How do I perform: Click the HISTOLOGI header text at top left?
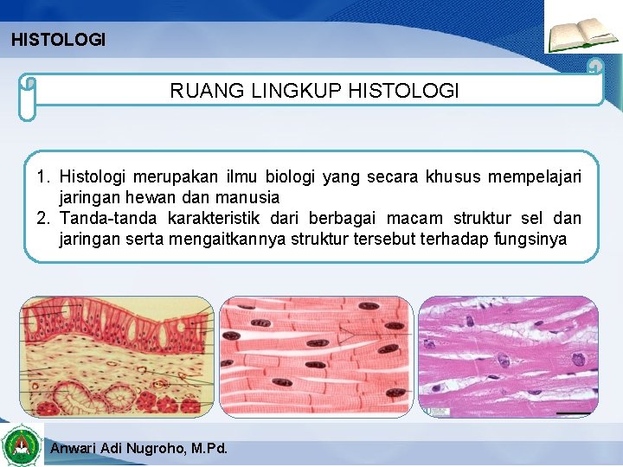click(58, 40)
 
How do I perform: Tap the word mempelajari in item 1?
click(535, 178)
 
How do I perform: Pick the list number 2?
click(42, 218)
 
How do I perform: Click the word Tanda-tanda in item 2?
click(108, 218)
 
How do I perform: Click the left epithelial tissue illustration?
click(117, 357)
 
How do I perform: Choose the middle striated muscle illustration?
click(315, 357)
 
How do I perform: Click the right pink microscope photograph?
click(508, 357)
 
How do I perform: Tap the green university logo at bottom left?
click(22, 445)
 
